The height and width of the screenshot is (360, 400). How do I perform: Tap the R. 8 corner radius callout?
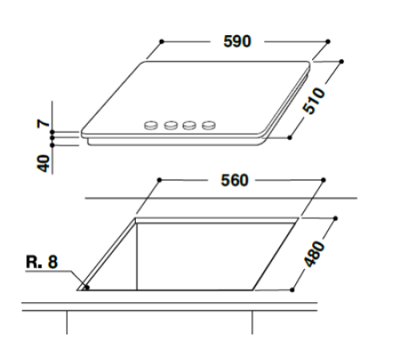click(40, 261)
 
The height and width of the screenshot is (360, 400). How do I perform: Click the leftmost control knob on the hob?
click(151, 125)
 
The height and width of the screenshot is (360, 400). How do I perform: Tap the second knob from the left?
click(170, 125)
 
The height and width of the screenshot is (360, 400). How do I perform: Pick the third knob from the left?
click(190, 125)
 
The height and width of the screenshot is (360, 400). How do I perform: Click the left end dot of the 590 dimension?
click(161, 39)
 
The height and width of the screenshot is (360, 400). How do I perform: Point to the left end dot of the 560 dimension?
click(160, 181)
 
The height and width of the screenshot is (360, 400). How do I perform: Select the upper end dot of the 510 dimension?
click(342, 60)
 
